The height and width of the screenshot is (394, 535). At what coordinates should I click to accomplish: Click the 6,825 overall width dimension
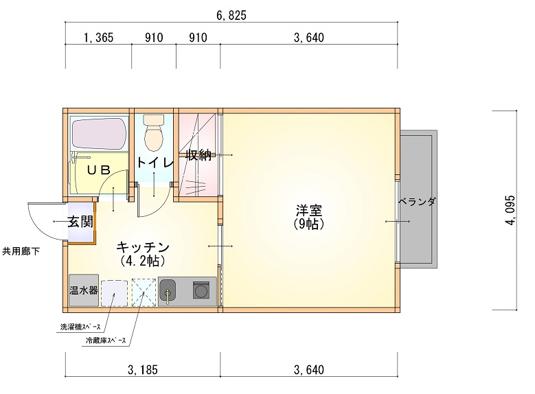pos(231,15)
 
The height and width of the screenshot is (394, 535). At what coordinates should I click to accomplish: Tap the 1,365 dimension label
pos(99,38)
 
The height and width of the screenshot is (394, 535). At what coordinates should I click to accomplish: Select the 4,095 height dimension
pos(510,210)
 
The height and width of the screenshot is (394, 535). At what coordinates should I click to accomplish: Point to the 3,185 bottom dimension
pos(143,370)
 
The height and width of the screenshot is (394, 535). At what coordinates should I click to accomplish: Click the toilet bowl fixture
pos(154,133)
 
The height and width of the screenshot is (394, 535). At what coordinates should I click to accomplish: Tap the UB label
pos(98,170)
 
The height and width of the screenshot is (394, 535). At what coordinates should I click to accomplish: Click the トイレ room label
pos(155,163)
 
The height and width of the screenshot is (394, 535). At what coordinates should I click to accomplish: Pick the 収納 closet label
pos(198,155)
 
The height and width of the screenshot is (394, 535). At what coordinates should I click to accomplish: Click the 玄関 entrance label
pos(80,222)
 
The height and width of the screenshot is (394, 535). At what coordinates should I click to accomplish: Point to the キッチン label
pos(143,246)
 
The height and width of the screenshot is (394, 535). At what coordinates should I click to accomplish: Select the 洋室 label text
pos(309,211)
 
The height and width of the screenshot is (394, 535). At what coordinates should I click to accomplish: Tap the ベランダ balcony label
pos(417,202)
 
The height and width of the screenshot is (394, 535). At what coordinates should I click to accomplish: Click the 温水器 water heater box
pos(84,290)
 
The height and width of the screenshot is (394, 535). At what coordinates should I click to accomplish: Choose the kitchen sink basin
pos(168,291)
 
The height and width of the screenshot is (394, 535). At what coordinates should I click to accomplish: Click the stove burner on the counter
pos(201,290)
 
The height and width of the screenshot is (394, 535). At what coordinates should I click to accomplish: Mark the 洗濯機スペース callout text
pos(80,327)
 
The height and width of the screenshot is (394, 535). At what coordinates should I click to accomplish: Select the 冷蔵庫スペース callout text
pos(106,340)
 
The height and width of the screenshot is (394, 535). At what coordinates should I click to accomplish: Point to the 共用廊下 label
pos(21,251)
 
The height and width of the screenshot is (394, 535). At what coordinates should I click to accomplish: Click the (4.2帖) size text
pos(143,261)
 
